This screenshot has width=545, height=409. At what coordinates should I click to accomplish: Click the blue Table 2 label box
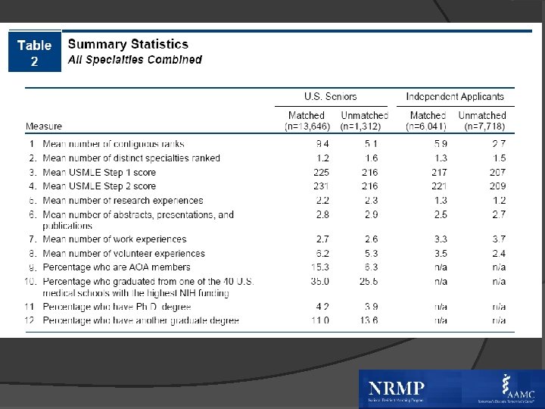point(34,52)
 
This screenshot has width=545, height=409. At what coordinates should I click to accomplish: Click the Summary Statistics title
point(128,45)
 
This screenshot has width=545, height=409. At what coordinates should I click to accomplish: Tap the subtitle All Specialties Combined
point(135,60)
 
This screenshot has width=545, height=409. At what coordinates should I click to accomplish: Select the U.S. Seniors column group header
point(330,96)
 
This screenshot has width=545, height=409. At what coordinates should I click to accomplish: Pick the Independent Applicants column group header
point(454,96)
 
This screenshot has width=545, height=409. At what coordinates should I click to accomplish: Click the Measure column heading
point(44,126)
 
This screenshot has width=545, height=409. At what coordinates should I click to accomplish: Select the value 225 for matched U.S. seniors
point(322,172)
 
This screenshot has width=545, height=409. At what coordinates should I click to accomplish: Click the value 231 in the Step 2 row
point(322,186)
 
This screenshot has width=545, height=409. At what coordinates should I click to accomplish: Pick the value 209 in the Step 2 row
point(497,186)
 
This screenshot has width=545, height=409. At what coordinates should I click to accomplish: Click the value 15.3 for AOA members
point(322,267)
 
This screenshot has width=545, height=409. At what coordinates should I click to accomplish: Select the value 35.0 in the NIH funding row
point(322,282)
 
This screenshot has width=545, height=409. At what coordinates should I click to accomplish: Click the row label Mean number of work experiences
point(114,239)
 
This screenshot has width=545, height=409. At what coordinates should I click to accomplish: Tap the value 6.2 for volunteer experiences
point(322,254)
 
